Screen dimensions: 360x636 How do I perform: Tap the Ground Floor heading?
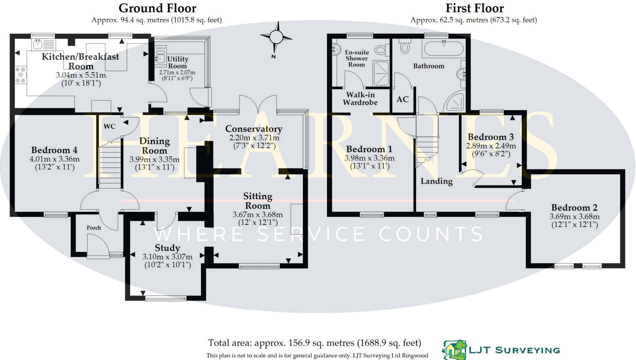pos(157,8)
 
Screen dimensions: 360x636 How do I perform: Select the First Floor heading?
pos(475,8)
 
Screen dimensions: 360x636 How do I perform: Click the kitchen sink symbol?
pos(38,44)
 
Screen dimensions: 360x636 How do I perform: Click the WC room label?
pos(109,126)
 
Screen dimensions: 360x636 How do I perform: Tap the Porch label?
pos(94,228)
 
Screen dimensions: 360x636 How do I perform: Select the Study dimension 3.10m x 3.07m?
pos(167,257)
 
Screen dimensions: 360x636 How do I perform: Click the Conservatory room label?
pos(254,129)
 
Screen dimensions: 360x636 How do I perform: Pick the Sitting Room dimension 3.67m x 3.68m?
pos(258,215)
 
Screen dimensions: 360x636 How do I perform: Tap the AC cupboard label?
pos(402,99)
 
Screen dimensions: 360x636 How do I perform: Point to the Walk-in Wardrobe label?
pos(360,98)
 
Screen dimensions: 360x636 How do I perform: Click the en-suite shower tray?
pos(381,73)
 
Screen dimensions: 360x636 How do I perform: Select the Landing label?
pos(436,181)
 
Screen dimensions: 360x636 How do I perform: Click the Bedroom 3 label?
pos(491,137)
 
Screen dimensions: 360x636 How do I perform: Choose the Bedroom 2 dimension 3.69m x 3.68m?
pos(575,216)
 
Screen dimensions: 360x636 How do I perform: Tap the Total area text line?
pos(314,343)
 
